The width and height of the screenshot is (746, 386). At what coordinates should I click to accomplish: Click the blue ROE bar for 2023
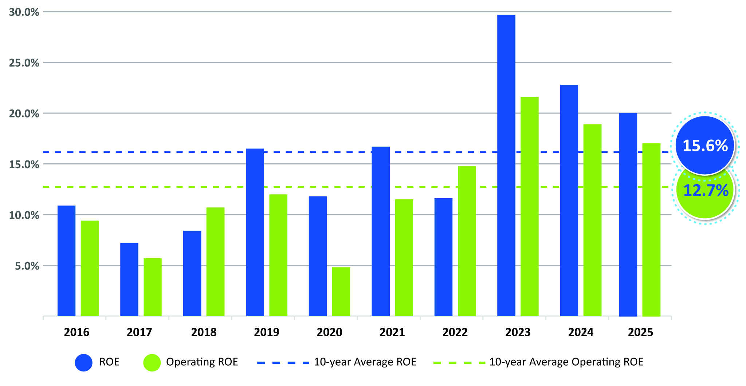(x=506, y=166)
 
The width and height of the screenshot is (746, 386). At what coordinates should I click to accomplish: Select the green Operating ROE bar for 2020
(x=341, y=292)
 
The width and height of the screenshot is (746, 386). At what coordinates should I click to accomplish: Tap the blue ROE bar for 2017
(x=129, y=279)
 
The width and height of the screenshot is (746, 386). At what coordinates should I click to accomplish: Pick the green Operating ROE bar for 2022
(x=467, y=241)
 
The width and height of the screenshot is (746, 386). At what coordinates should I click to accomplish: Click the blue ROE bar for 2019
(x=255, y=232)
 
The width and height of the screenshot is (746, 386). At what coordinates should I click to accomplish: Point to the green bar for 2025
(x=651, y=230)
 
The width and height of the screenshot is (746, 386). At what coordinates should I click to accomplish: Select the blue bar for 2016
(x=67, y=261)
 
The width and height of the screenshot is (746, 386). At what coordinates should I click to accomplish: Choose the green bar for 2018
(x=215, y=262)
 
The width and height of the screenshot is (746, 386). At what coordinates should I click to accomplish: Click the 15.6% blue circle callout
(x=705, y=146)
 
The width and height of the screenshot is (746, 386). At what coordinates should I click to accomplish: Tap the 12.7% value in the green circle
(x=706, y=191)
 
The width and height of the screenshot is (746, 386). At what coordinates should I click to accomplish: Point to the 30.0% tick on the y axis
(x=24, y=12)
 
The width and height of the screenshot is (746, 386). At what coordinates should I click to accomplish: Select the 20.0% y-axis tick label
(x=24, y=114)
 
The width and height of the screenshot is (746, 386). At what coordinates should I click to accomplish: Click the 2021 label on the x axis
(x=392, y=332)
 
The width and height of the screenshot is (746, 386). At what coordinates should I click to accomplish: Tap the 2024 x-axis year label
(x=581, y=332)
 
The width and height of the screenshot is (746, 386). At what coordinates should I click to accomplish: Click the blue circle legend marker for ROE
(x=84, y=362)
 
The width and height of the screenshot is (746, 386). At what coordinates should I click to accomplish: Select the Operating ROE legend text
(x=202, y=362)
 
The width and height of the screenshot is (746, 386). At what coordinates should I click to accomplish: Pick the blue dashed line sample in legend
(x=283, y=362)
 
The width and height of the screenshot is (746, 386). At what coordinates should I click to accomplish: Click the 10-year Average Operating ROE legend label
(x=566, y=362)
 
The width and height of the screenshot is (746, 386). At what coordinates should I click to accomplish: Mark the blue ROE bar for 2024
(x=569, y=200)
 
